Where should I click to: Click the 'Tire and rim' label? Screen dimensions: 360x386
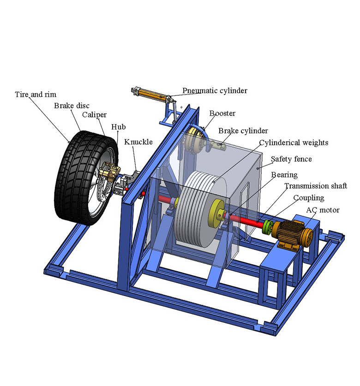coord(36,95)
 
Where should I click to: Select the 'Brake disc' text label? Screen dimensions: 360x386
coord(72,106)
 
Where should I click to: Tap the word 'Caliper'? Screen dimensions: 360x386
coord(94,115)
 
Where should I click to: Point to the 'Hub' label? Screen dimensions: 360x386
coord(118,127)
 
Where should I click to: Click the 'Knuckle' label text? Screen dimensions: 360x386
coord(138,142)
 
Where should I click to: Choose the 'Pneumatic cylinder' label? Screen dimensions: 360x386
coord(215,91)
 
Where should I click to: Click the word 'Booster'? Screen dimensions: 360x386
coord(222,113)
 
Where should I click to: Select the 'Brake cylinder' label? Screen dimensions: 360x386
coord(243,131)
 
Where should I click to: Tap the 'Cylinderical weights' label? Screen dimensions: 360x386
coord(294,143)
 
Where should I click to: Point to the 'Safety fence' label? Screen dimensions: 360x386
coord(291,159)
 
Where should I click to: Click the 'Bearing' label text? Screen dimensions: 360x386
coord(284,175)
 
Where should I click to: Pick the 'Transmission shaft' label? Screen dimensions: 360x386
coord(316,186)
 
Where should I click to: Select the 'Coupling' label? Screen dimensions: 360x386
coord(308,198)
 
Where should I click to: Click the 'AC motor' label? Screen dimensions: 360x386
coord(323,210)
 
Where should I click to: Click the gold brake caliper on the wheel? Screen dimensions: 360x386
coord(109,172)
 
